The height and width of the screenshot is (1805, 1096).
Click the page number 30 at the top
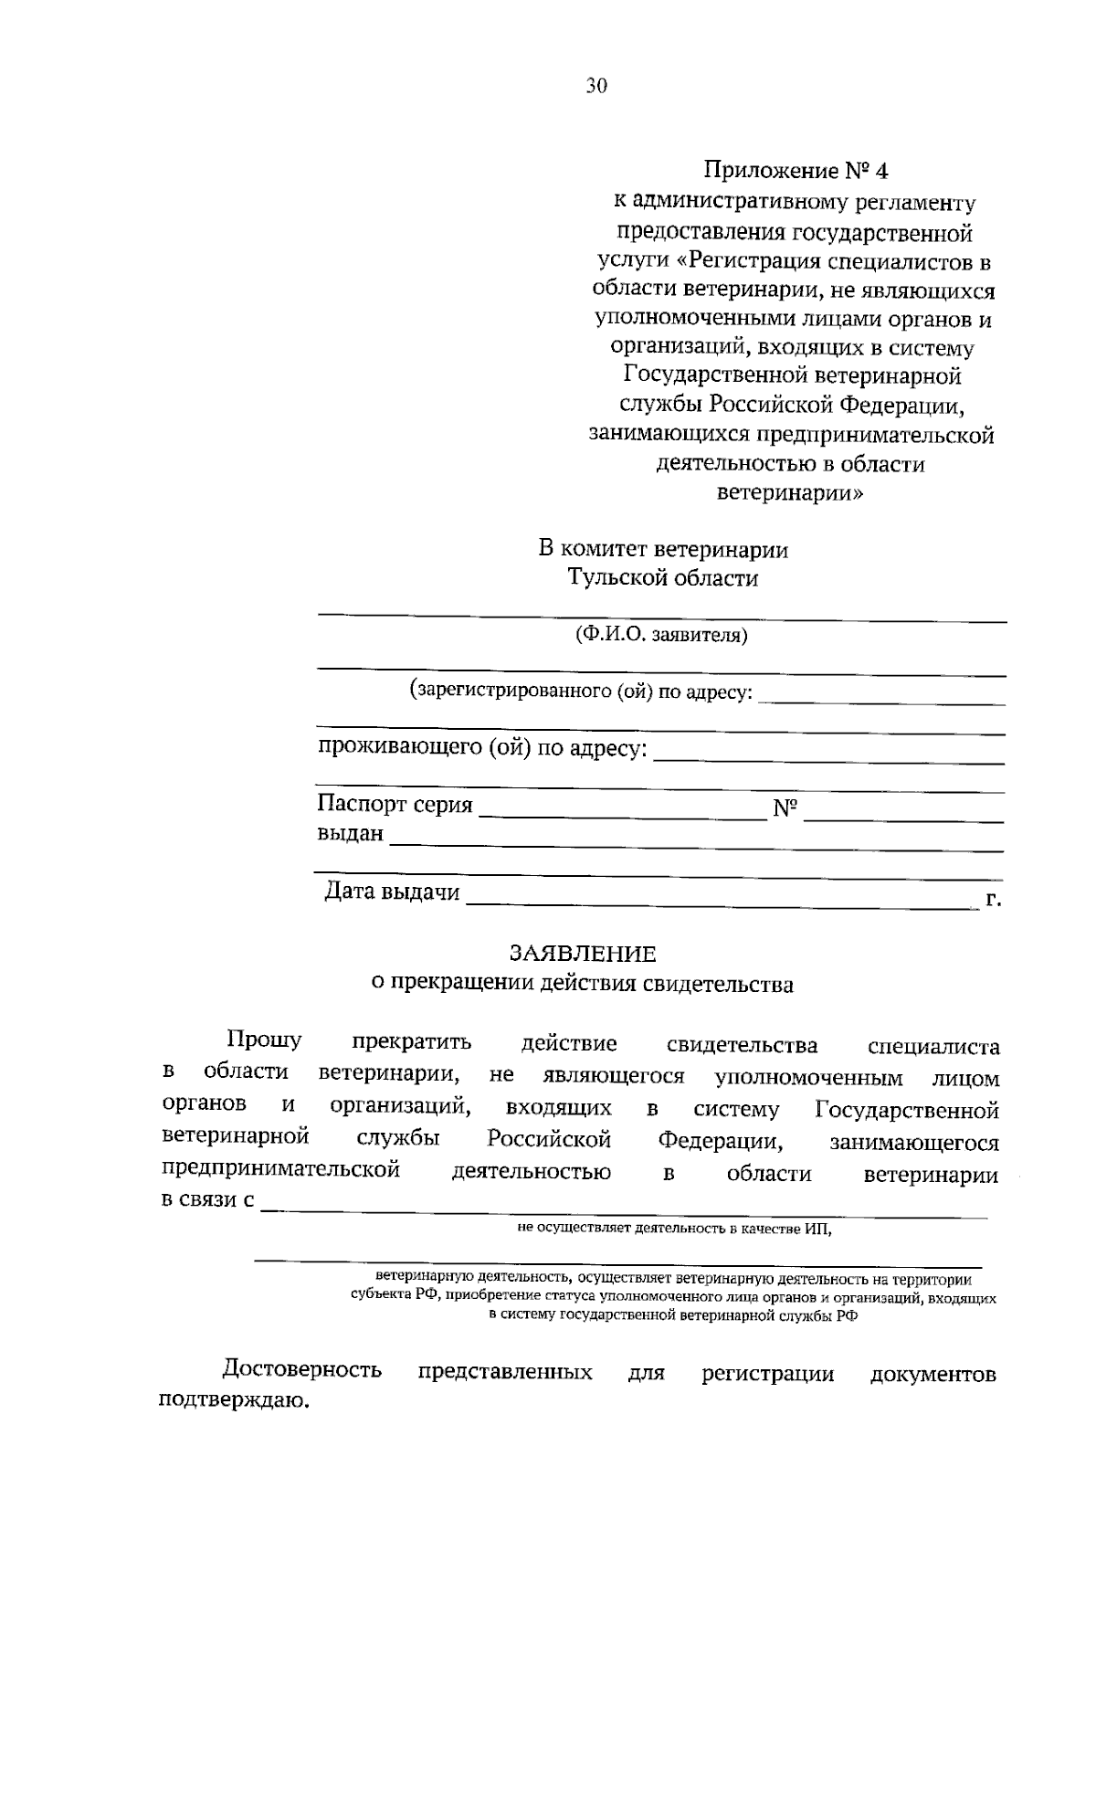[x=595, y=86]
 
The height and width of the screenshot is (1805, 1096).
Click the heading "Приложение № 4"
[x=794, y=171]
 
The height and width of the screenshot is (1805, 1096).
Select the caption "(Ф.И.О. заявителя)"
[x=660, y=635]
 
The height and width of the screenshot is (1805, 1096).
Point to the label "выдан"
[x=350, y=834]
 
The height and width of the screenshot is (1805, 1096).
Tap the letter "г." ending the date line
[x=994, y=900]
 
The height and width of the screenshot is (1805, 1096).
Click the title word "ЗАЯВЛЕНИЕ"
[x=583, y=954]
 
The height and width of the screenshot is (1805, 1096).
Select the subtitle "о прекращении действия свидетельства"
[x=583, y=984]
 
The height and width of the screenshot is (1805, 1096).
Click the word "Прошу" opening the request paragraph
[x=264, y=1041]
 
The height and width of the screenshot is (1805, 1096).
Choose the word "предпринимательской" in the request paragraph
[x=280, y=1170]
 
